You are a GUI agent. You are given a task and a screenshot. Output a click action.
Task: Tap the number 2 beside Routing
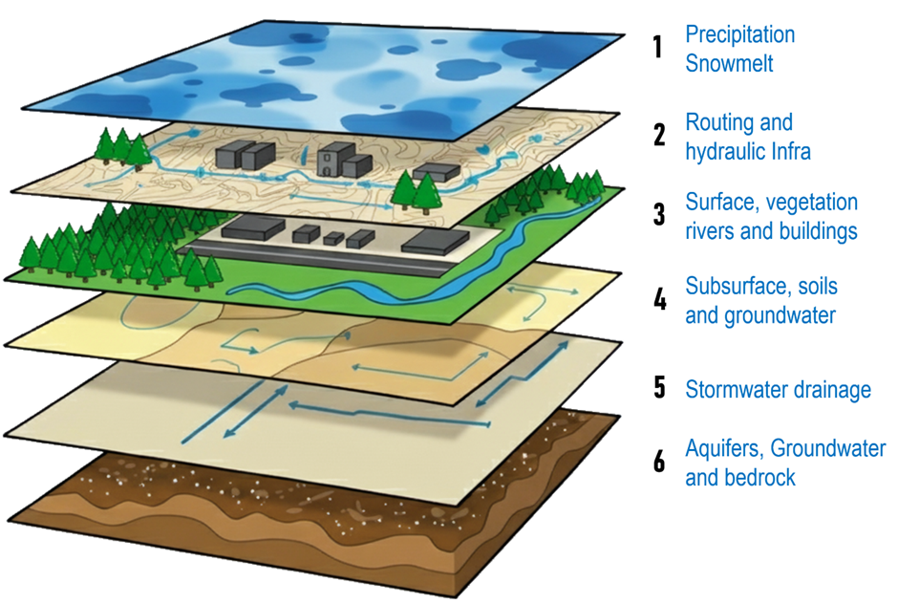point(659,136)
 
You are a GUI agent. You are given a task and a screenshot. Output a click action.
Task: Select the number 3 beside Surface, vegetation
point(659,215)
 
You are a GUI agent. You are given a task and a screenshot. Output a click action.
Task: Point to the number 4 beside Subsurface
point(659,300)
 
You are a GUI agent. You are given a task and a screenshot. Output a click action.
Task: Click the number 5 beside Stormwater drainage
point(659,388)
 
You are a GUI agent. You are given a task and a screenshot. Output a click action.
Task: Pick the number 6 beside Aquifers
point(659,463)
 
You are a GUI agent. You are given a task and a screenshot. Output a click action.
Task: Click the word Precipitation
point(739,35)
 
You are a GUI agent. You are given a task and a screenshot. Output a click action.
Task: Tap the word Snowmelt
point(729,64)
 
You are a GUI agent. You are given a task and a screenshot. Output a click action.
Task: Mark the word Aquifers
point(723,449)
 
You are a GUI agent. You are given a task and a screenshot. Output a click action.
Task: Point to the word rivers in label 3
point(713,231)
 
